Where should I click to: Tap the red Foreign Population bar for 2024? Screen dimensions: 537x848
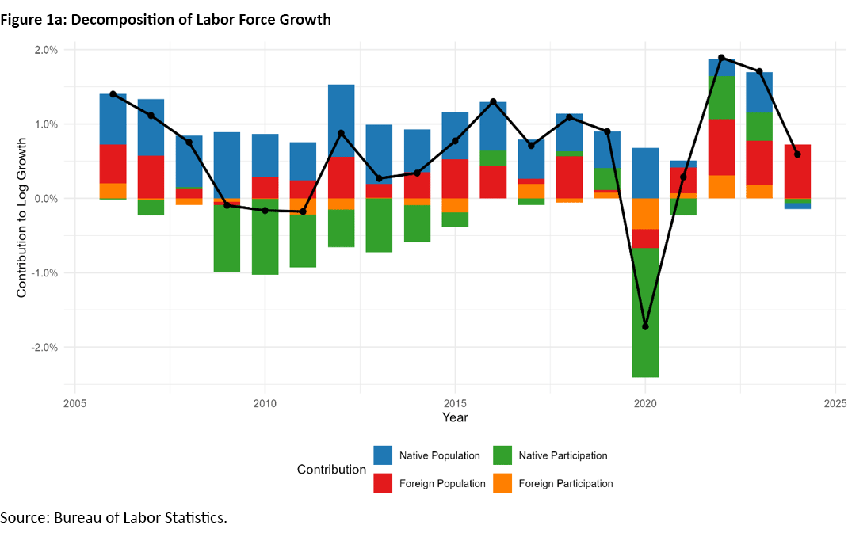[797, 171]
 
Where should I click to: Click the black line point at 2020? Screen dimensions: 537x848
[645, 326]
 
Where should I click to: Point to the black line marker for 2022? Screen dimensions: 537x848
[721, 58]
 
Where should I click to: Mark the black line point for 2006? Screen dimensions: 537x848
[113, 94]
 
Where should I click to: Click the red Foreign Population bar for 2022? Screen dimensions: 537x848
[721, 147]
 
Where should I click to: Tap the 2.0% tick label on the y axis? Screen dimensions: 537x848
[46, 50]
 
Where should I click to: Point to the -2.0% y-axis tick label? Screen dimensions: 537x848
[44, 348]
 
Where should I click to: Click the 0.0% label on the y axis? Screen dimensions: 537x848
[46, 199]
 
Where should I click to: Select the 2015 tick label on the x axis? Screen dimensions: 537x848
[455, 403]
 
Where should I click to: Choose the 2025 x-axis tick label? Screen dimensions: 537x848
[835, 403]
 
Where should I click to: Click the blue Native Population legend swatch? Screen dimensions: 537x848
[384, 455]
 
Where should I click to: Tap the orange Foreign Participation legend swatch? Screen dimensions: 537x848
[502, 483]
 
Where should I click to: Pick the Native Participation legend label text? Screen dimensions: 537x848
[563, 455]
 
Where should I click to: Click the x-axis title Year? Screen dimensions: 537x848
[455, 417]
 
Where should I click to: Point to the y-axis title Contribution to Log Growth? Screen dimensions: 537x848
[21, 217]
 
